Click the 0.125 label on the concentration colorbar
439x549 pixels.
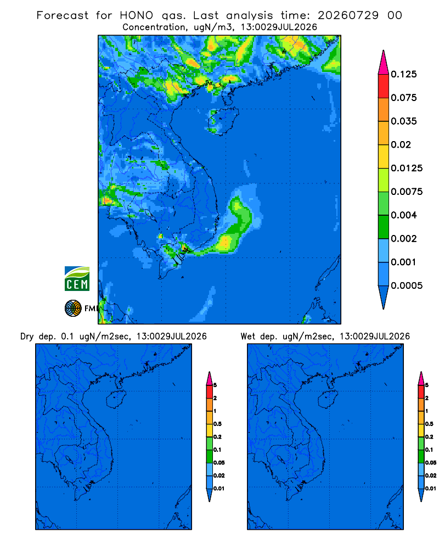click(x=404, y=74)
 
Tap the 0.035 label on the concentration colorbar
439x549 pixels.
click(x=404, y=121)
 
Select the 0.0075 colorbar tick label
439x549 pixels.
click(x=407, y=192)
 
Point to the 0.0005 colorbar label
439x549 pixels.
click(x=407, y=285)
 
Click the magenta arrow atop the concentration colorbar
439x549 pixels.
click(x=384, y=63)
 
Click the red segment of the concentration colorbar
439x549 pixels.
click(x=384, y=86)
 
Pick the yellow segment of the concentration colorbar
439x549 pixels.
click(x=384, y=156)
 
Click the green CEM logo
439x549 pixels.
click(x=77, y=279)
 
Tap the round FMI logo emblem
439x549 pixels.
click(x=73, y=309)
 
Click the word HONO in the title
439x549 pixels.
click(x=137, y=15)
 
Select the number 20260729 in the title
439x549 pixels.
click(x=348, y=15)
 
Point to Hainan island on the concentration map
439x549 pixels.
click(x=223, y=121)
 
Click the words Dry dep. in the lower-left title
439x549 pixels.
click(x=38, y=337)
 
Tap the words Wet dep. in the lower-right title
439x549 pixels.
click(x=258, y=337)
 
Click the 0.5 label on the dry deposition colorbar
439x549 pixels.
click(x=217, y=424)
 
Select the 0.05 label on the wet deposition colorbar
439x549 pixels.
click(x=431, y=462)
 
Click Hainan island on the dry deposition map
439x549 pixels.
click(x=116, y=400)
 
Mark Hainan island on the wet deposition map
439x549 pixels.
click(x=328, y=400)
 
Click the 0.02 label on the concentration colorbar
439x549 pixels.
click(x=401, y=144)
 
